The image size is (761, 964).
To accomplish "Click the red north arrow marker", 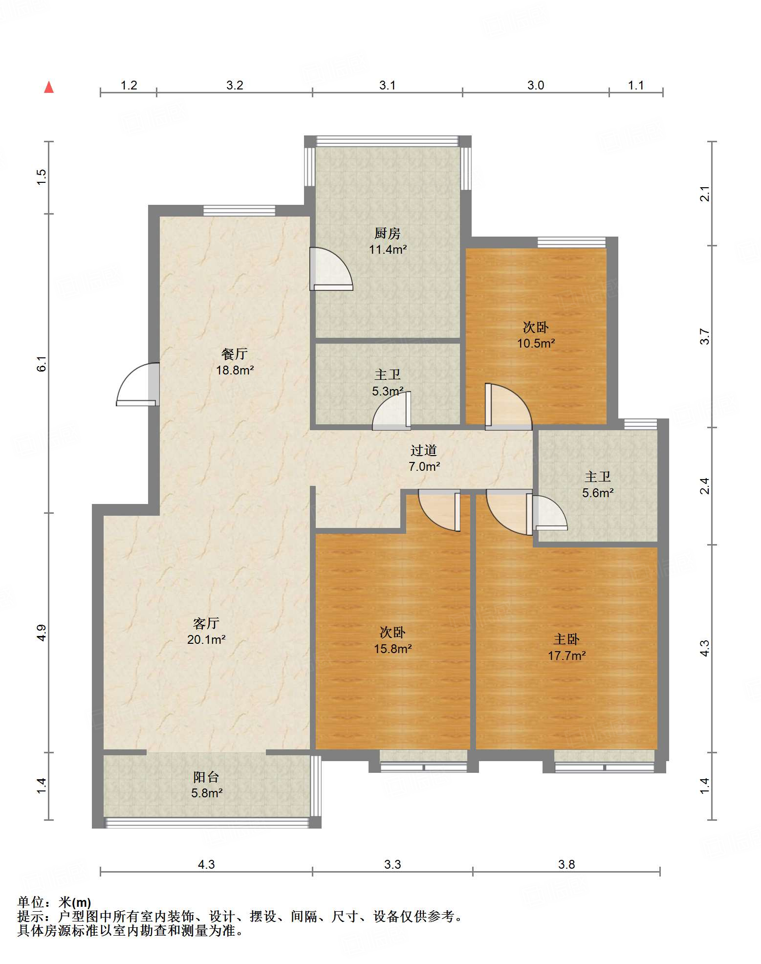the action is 49,87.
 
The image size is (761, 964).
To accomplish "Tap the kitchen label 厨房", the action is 388,233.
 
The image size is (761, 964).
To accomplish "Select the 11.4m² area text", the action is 388,249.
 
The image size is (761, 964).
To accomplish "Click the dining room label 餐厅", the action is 235,353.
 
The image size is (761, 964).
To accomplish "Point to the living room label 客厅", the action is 206,623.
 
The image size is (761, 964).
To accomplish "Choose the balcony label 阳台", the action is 206,777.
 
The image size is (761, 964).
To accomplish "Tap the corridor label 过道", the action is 424,450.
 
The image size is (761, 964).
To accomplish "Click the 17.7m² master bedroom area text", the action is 567,656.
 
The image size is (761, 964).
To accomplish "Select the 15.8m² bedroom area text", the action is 393,649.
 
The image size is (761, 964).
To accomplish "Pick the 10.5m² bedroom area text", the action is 536,343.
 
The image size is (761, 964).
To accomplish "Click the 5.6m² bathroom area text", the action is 598,493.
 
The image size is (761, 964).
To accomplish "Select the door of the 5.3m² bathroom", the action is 391,411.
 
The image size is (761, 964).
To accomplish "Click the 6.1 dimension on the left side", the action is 42,364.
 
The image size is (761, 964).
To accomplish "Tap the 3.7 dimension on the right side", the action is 704,337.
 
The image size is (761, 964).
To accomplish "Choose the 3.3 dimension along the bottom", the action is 392,864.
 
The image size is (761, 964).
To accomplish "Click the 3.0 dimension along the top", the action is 536,85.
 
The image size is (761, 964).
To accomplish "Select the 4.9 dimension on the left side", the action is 42,633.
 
